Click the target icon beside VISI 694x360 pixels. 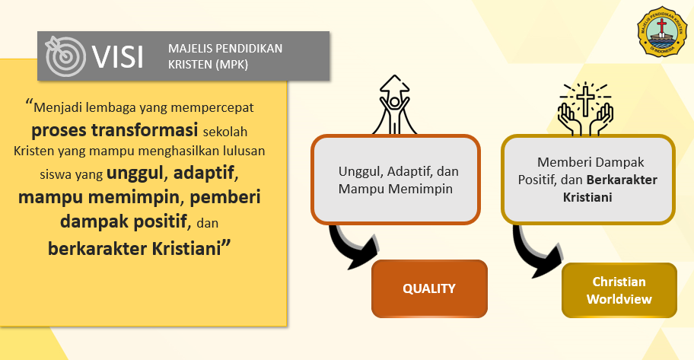[65, 56]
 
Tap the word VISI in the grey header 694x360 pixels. [118, 56]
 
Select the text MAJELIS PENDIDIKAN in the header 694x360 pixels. [225, 48]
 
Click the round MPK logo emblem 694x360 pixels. [662, 31]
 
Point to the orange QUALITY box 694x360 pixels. [429, 288]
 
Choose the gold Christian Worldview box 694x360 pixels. [619, 291]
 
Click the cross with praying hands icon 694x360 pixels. [586, 109]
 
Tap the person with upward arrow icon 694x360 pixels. [394, 104]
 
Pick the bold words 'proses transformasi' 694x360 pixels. [115, 130]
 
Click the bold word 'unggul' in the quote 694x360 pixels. [135, 173]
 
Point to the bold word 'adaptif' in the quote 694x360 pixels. [204, 172]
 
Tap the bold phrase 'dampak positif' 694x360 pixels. [123, 221]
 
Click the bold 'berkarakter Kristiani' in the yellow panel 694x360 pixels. [134, 248]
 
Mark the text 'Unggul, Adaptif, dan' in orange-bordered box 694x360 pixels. [398, 171]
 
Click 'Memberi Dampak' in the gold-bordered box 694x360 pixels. [591, 163]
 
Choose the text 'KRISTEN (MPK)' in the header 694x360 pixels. [208, 65]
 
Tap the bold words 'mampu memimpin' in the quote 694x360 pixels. [99, 197]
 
